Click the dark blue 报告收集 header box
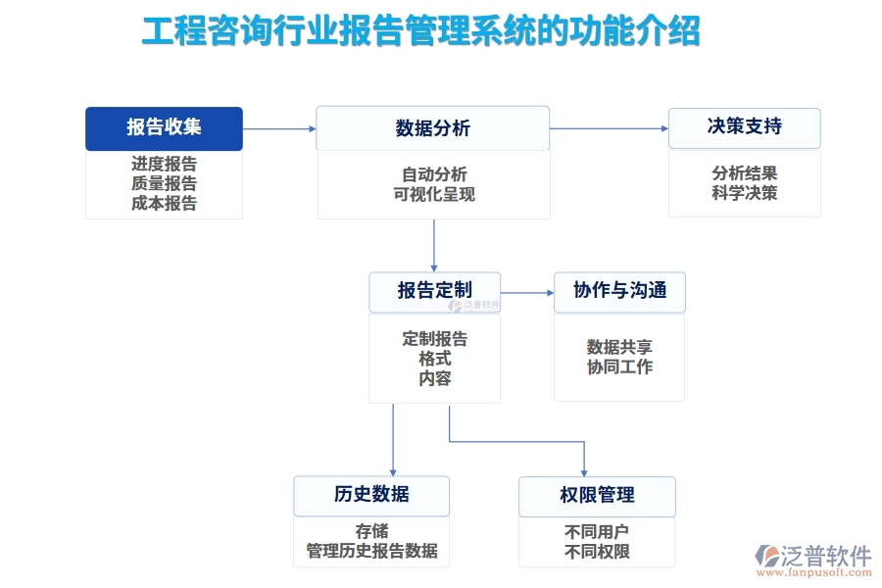(x=164, y=127)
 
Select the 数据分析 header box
(x=432, y=127)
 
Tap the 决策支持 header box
(x=744, y=127)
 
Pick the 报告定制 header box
(x=434, y=291)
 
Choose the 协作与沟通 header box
(x=619, y=291)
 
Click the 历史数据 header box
(x=371, y=495)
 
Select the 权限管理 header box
(x=597, y=495)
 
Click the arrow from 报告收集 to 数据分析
(x=279, y=128)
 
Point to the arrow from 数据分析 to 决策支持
(x=609, y=128)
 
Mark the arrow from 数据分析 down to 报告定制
(x=434, y=245)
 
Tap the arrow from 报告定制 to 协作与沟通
(x=526, y=292)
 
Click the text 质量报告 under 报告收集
(x=164, y=183)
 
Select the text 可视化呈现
(x=433, y=194)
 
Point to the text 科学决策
(x=744, y=193)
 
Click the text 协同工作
(x=619, y=367)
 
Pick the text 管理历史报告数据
(x=371, y=550)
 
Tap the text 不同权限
(x=597, y=551)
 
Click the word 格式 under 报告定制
(x=434, y=359)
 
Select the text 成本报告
(x=164, y=204)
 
